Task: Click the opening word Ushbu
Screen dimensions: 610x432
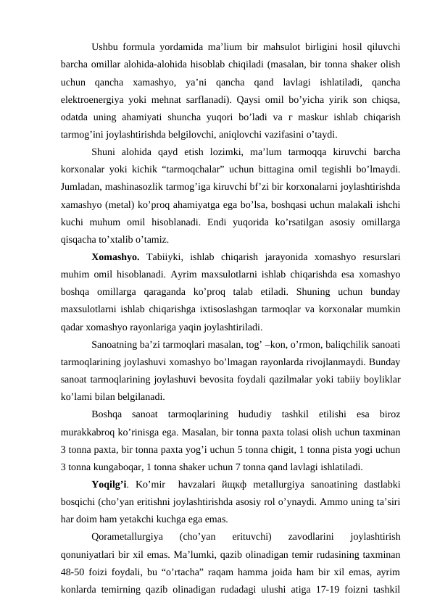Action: click(106, 48)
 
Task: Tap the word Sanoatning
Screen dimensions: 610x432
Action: click(118, 343)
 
